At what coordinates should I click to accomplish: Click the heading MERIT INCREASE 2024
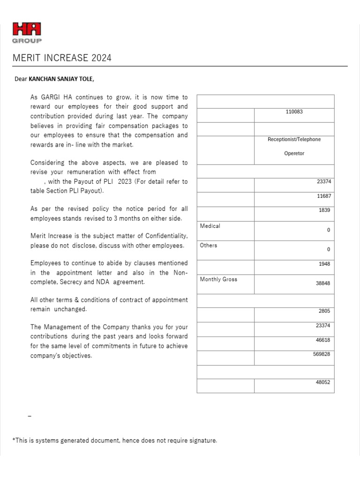pos(62,58)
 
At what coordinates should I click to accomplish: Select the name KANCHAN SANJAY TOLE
pos(61,79)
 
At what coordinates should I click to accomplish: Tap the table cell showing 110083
pos(294,112)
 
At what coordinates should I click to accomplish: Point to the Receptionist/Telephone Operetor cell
pos(294,146)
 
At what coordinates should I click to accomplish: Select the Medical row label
pos(210,226)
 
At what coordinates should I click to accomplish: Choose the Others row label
pos(209,245)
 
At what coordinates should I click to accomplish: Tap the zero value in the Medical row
pos(328,230)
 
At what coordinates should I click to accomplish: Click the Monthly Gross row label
pos(218,279)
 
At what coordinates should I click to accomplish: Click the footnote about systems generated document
pos(114,441)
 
